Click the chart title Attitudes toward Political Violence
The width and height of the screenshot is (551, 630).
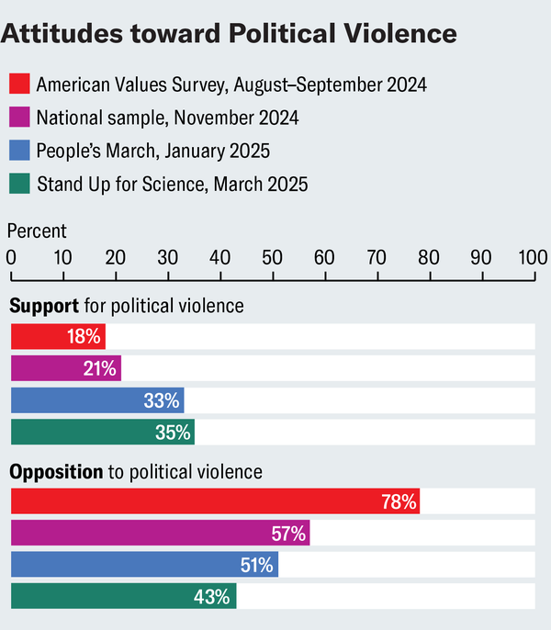click(231, 34)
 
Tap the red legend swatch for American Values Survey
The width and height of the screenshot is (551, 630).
click(20, 84)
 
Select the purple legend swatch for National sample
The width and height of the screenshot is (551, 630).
click(20, 118)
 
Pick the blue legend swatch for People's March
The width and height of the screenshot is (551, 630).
click(20, 151)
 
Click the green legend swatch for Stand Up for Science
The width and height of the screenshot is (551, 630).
click(20, 184)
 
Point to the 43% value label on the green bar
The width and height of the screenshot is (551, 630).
click(212, 597)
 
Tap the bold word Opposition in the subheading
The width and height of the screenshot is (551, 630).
click(56, 472)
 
